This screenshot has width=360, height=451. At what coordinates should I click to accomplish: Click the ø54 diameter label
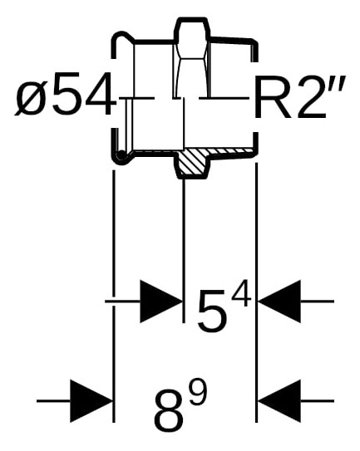[65, 93]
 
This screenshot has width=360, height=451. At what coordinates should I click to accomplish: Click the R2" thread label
[298, 97]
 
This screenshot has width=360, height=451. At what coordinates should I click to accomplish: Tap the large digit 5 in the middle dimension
[212, 311]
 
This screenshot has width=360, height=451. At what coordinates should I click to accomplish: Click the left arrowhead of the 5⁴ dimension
[161, 301]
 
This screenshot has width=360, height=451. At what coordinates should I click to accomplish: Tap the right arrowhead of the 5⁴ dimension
[279, 301]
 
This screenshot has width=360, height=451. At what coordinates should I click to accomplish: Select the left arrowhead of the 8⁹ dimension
[91, 401]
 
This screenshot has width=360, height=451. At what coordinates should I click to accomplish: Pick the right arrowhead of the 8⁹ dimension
[279, 401]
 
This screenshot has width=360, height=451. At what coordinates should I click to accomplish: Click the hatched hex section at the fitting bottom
[192, 163]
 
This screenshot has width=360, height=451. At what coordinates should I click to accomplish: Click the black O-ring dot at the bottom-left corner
[121, 155]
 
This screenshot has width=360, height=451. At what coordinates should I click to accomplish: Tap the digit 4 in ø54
[100, 93]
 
